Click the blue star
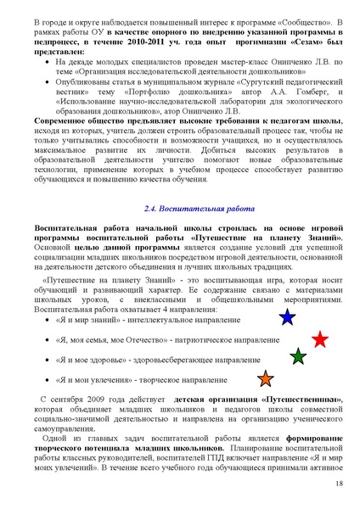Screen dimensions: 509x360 point(287,318)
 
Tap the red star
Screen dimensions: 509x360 point(319,339)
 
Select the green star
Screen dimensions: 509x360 point(298,357)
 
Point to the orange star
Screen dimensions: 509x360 point(265,378)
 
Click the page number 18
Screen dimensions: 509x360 point(339,484)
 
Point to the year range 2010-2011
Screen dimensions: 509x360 point(137,40)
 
